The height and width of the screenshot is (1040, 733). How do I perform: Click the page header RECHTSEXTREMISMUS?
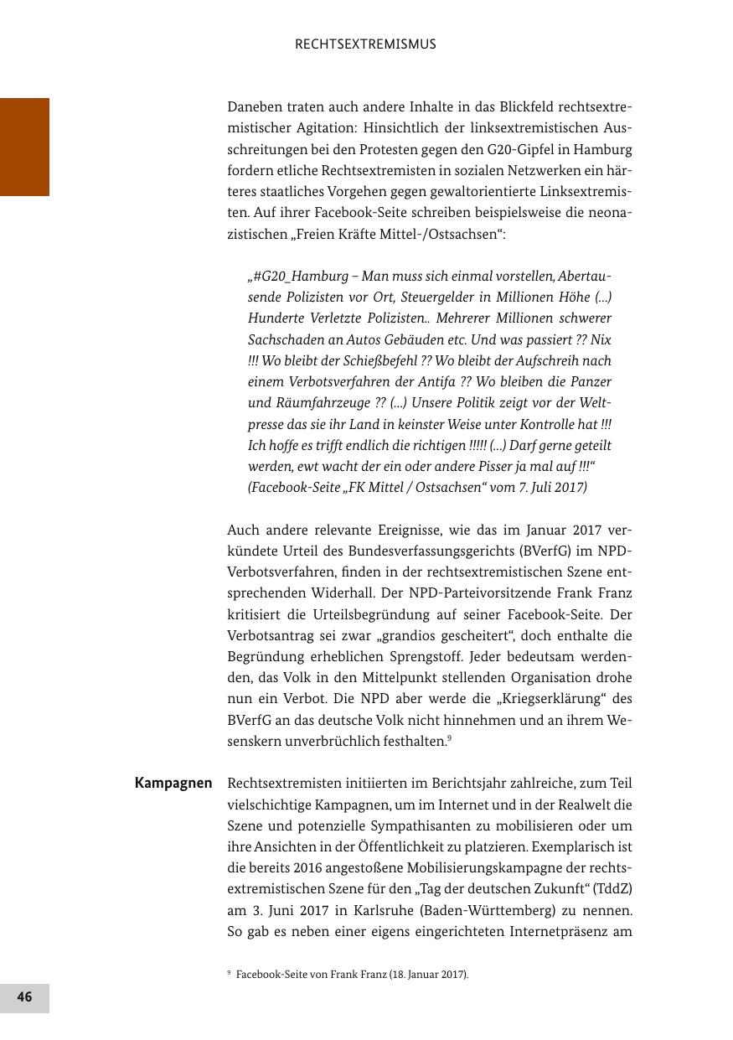tap(365, 44)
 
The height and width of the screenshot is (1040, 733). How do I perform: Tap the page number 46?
tap(24, 996)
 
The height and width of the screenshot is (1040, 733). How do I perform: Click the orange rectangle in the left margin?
tap(24, 147)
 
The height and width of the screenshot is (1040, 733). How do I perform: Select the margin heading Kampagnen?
tap(173, 784)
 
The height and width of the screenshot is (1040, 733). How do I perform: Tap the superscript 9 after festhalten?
tap(450, 738)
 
